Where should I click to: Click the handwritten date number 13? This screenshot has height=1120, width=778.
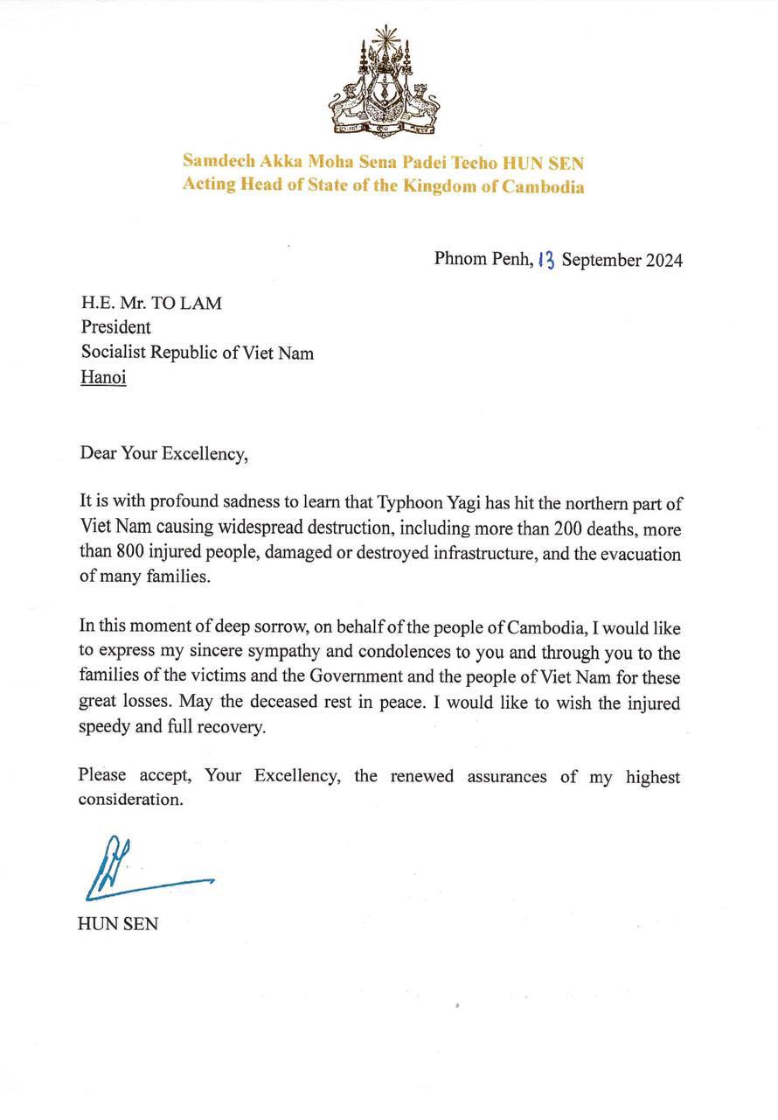(545, 259)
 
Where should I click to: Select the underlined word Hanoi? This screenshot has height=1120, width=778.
(103, 379)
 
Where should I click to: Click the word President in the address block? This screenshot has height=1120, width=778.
(115, 327)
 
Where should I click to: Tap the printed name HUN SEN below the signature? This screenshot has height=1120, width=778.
(118, 923)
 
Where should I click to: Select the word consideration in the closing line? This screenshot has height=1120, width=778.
(131, 801)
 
